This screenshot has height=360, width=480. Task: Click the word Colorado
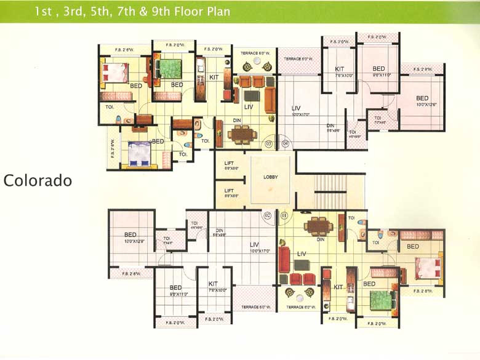[38, 181]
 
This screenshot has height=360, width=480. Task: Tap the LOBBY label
[271, 177]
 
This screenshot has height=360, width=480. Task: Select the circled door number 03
[268, 144]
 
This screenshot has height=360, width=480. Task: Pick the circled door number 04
[285, 144]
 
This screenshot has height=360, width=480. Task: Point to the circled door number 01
[284, 216]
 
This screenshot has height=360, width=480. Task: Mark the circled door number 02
[268, 216]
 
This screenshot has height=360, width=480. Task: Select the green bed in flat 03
[169, 67]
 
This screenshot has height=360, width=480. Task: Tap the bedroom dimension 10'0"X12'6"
[422, 105]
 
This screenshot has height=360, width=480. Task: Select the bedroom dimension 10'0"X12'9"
[130, 241]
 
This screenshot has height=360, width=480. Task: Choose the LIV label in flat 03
[249, 106]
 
